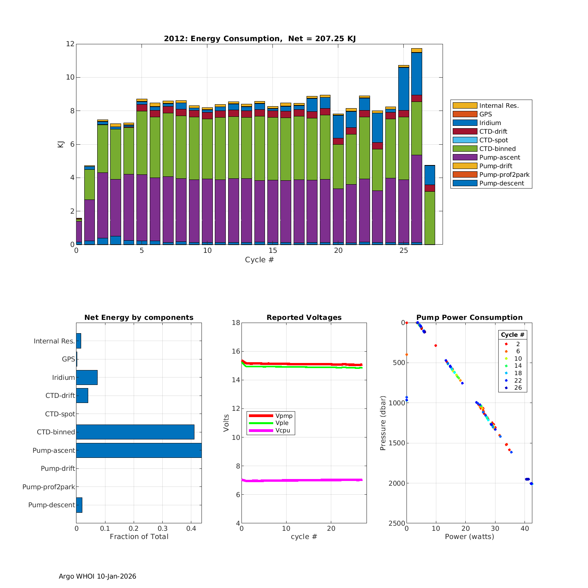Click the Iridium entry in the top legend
(490, 123)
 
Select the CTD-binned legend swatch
(465, 149)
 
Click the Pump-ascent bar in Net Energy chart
(139, 450)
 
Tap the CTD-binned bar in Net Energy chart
(135, 432)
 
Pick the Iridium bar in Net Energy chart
(87, 377)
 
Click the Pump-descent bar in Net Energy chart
(79, 505)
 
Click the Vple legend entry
(282, 423)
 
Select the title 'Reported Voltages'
(304, 318)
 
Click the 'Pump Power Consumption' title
(469, 318)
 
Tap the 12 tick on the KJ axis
(70, 44)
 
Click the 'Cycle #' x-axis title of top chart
(259, 260)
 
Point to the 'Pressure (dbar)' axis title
(383, 423)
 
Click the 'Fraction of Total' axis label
(139, 537)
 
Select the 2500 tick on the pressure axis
(397, 523)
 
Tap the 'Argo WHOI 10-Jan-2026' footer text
(98, 576)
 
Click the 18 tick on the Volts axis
(236, 323)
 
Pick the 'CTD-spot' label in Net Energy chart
(60, 414)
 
